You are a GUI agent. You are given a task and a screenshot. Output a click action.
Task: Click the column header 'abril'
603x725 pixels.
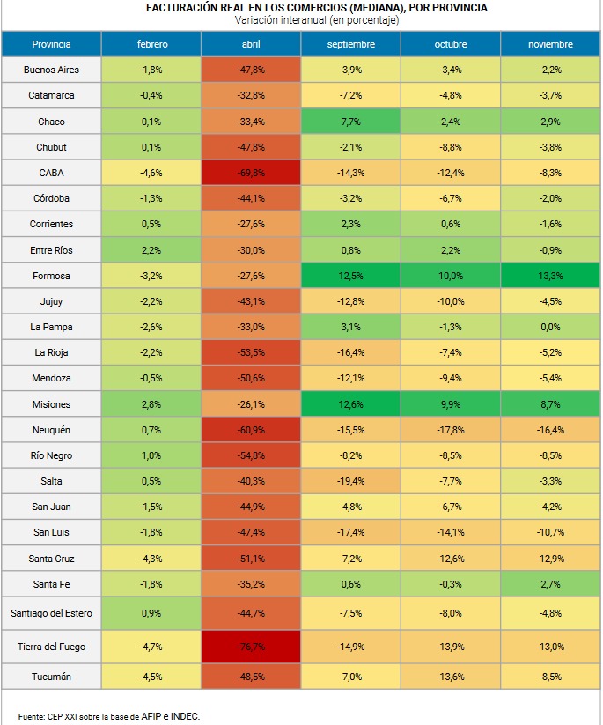pos(251,44)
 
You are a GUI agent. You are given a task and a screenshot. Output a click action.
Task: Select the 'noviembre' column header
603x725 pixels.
pos(550,44)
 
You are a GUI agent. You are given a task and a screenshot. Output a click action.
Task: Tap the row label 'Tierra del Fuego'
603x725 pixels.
pos(51,646)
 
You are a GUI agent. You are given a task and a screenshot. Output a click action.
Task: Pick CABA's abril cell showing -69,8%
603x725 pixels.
pos(251,173)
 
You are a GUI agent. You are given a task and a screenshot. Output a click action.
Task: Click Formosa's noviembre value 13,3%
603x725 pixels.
pos(550,276)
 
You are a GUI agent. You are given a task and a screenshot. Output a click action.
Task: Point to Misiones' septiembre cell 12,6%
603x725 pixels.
pos(350,404)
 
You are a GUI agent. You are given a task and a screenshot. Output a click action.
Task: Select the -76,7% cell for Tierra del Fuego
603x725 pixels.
pos(251,646)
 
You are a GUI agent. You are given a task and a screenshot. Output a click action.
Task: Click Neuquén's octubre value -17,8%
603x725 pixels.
pos(451,430)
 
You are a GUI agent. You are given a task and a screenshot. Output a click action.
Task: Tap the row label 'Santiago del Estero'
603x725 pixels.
pos(51,612)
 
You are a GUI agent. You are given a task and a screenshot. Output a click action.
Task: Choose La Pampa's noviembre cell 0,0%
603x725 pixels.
pos(550,327)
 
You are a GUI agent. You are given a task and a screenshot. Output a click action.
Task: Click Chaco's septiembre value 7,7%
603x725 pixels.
pos(350,122)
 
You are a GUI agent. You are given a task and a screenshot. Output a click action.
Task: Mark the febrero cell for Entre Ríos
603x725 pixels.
pos(151,250)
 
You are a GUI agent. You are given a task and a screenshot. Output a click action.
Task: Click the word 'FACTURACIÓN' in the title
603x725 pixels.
pos(181,8)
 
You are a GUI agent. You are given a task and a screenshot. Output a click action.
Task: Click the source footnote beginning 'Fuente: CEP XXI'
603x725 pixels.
pos(109,715)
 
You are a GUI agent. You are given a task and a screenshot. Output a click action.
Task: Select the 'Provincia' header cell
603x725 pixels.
pos(51,44)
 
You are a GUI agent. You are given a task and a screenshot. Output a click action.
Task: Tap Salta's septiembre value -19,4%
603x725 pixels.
pos(350,481)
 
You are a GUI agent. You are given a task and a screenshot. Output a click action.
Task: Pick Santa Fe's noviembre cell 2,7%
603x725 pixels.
pos(550,584)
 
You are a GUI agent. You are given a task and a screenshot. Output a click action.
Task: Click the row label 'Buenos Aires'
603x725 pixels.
pos(51,70)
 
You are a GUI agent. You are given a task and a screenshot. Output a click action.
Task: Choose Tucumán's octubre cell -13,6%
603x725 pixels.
pos(451,677)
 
